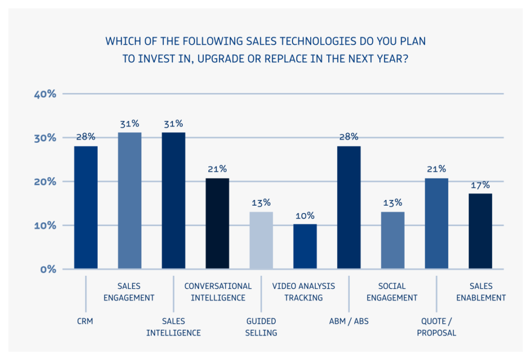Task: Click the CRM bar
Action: point(86,207)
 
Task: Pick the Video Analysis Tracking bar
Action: point(305,246)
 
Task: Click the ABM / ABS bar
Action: point(349,207)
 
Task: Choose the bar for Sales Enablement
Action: point(480,231)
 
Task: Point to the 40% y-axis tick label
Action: point(45,94)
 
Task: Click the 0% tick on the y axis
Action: point(48,269)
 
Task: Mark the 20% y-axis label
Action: point(45,182)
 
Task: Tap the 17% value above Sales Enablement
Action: point(481,184)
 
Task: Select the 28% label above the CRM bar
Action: point(86,137)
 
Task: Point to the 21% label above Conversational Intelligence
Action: point(217,169)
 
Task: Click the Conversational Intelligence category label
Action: point(218,292)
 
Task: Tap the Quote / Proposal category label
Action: point(436,327)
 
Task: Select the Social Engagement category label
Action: point(392,292)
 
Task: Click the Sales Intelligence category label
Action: point(174,327)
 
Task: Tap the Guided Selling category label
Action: point(261,327)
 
